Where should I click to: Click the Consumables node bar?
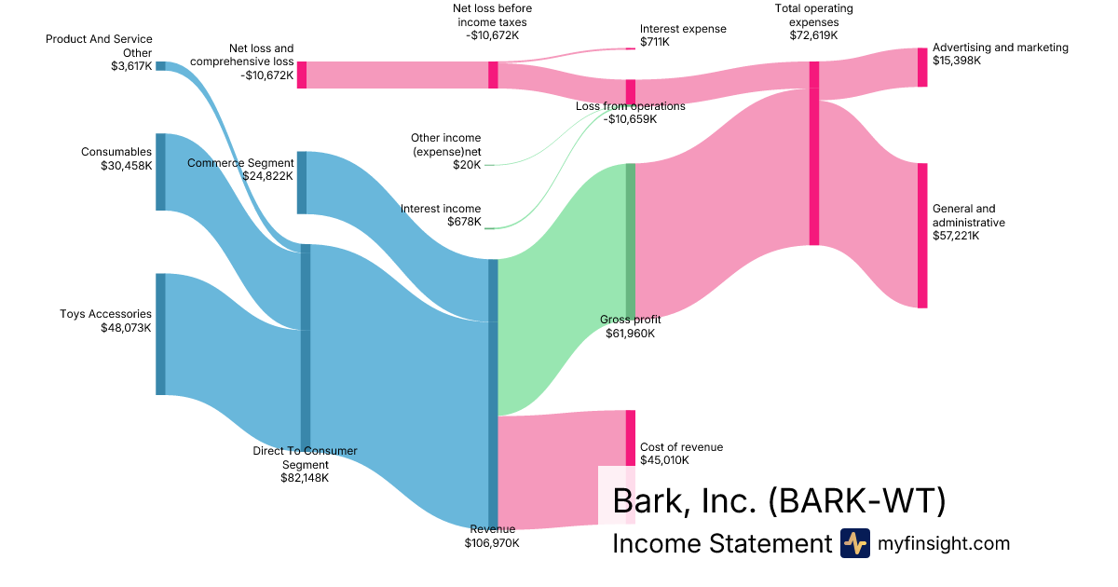click(x=160, y=171)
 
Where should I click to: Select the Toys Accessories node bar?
click(x=160, y=334)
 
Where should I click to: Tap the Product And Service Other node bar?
click(x=160, y=66)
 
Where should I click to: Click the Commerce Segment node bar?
click(x=302, y=183)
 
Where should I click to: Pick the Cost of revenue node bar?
click(x=631, y=438)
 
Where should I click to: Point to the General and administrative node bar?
click(x=922, y=235)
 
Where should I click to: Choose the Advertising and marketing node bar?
click(x=922, y=67)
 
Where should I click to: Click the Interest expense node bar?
click(x=631, y=48)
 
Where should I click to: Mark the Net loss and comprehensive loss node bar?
click(x=302, y=75)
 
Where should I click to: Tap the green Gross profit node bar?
click(x=631, y=240)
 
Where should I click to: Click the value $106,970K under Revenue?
click(x=492, y=542)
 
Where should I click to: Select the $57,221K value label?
click(x=956, y=236)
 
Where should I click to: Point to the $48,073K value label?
click(x=126, y=327)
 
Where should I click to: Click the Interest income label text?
click(x=441, y=209)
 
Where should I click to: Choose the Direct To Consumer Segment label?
click(x=305, y=457)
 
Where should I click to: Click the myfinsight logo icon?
click(x=855, y=543)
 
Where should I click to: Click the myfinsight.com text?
click(x=944, y=543)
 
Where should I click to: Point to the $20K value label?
click(x=467, y=165)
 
